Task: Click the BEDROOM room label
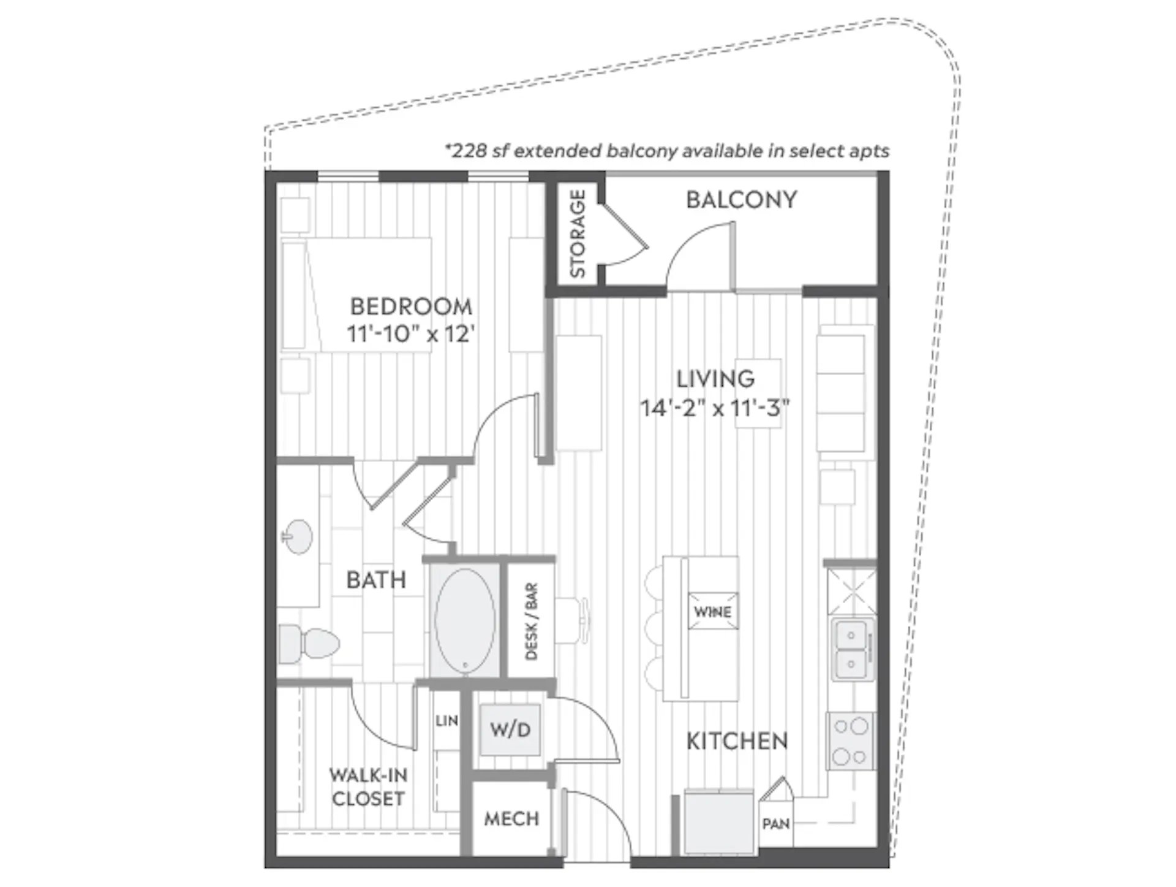click(x=411, y=306)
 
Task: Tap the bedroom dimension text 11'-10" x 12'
click(x=411, y=334)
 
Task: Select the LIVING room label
click(x=715, y=379)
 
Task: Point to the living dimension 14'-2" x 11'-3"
click(x=715, y=408)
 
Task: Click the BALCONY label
click(x=741, y=200)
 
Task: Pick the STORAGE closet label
click(x=578, y=233)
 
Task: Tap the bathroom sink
click(x=298, y=536)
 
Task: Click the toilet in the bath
click(x=309, y=644)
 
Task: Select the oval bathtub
click(x=465, y=620)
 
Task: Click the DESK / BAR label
click(x=531, y=621)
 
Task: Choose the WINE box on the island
click(x=713, y=611)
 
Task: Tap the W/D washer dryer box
click(x=510, y=729)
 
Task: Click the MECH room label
click(x=511, y=818)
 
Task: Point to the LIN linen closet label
click(x=447, y=721)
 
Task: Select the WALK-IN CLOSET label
click(x=368, y=787)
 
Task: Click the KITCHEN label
click(x=737, y=741)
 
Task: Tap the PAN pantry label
click(x=776, y=824)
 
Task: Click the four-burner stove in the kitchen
click(x=851, y=741)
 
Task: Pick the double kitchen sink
click(x=851, y=650)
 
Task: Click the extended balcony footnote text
click(x=667, y=151)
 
